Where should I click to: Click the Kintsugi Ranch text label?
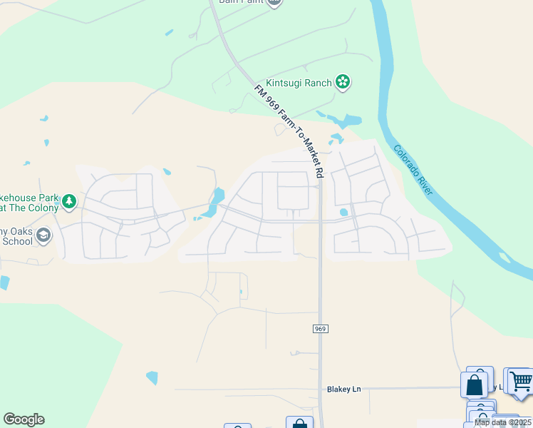(299, 83)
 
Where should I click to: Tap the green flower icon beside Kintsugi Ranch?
(343, 83)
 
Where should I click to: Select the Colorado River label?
(413, 170)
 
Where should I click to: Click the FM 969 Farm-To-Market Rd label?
(289, 131)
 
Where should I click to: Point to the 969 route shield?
(320, 328)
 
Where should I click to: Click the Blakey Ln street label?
(344, 389)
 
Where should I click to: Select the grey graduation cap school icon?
(43, 235)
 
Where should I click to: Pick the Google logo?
(24, 419)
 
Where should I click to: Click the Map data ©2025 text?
(503, 422)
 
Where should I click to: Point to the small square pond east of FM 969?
(344, 212)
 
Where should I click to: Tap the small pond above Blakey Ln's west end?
(152, 377)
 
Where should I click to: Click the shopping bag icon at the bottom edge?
(299, 422)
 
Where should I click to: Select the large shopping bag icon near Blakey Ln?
(475, 384)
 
